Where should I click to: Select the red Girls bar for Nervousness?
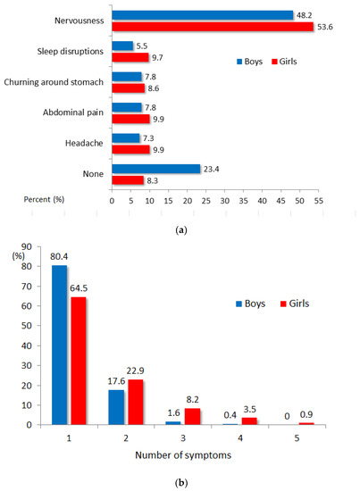coord(213,27)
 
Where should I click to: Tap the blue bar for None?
coord(155,168)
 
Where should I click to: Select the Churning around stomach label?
coord(54,82)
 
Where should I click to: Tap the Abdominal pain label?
coord(71,112)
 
